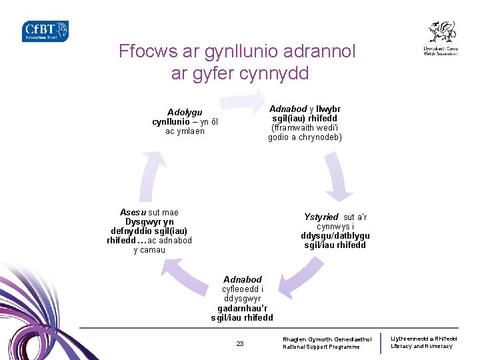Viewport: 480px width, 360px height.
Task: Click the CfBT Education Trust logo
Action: pos(45,31)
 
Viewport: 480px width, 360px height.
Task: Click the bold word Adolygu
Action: pos(185,112)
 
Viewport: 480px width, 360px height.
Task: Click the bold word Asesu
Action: pos(133,213)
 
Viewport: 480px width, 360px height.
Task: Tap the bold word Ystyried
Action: pos(321,217)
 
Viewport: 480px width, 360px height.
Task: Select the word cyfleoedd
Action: pos(243,289)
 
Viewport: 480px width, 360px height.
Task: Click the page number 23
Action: pos(240,344)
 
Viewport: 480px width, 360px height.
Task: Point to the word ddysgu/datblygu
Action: pos(335,236)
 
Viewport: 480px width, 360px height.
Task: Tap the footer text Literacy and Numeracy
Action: pos(421,346)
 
